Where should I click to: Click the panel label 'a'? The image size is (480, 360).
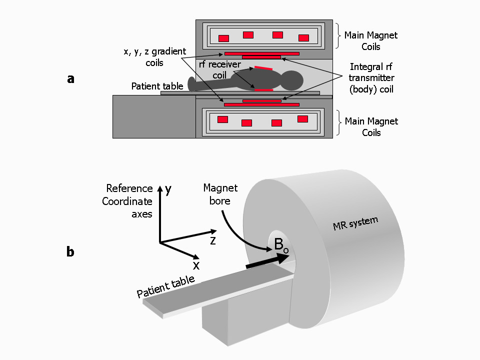pyautogui.click(x=70, y=78)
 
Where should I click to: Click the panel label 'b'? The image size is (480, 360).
pyautogui.click(x=70, y=251)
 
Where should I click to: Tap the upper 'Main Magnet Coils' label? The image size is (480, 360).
pyautogui.click(x=371, y=41)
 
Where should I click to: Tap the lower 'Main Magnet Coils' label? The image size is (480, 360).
pyautogui.click(x=371, y=127)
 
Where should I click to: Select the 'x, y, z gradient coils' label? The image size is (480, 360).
pyautogui.click(x=154, y=57)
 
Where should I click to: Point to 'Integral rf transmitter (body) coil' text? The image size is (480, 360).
pyautogui.click(x=371, y=78)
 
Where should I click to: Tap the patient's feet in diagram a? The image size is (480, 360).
pyautogui.click(x=191, y=84)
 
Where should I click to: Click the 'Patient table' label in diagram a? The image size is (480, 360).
pyautogui.click(x=157, y=86)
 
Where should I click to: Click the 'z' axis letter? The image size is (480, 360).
pyautogui.click(x=213, y=240)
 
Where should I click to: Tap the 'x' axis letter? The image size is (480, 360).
pyautogui.click(x=196, y=265)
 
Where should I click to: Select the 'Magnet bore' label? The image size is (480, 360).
pyautogui.click(x=220, y=194)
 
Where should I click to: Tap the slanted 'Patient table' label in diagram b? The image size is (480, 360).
pyautogui.click(x=165, y=286)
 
